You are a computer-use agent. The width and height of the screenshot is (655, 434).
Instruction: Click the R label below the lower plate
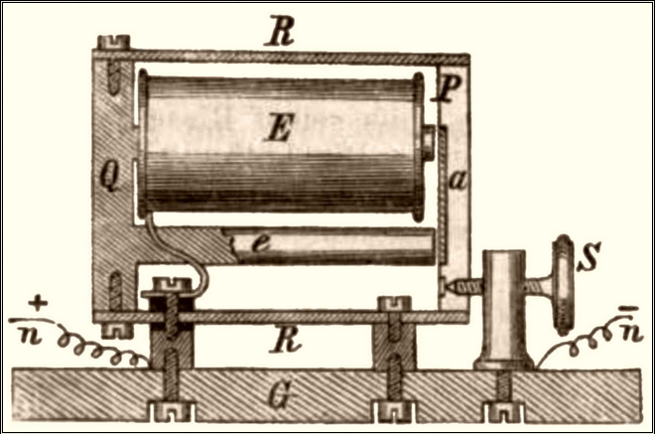point(282,342)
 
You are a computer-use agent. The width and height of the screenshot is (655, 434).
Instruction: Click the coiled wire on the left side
point(104,347)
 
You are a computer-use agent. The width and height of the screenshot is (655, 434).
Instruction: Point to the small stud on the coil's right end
point(429,145)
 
